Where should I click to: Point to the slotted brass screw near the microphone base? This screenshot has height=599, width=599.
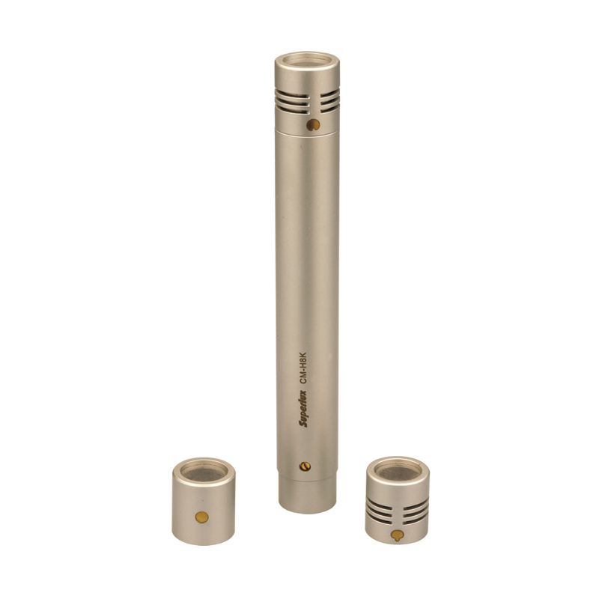305,466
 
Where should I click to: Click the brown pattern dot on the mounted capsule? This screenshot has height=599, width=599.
313,124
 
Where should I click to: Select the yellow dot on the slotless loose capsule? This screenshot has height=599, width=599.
201,517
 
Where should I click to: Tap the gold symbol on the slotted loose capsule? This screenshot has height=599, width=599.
397,535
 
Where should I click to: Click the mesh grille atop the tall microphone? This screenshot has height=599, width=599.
307,61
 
